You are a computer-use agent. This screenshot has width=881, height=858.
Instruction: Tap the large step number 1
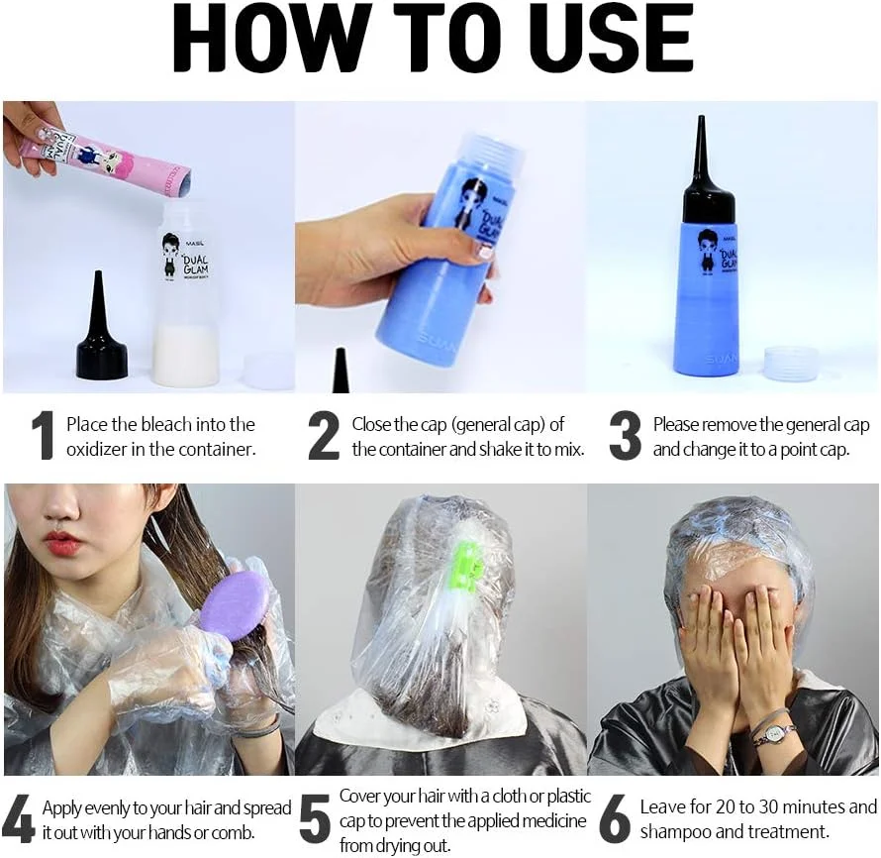tap(44, 435)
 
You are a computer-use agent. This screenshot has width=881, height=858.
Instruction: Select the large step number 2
tap(324, 435)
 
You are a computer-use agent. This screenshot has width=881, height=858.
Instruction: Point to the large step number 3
tap(625, 435)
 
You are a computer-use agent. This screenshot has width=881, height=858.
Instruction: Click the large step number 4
tap(19, 818)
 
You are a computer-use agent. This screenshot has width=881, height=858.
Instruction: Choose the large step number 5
tap(315, 818)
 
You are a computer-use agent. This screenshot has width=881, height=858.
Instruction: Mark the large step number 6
tap(616, 818)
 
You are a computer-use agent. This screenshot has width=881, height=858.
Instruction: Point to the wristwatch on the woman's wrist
tap(775, 732)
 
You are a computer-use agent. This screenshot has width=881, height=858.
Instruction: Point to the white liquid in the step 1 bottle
tap(186, 355)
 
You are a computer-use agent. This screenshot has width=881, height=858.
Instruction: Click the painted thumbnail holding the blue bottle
tap(484, 253)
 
